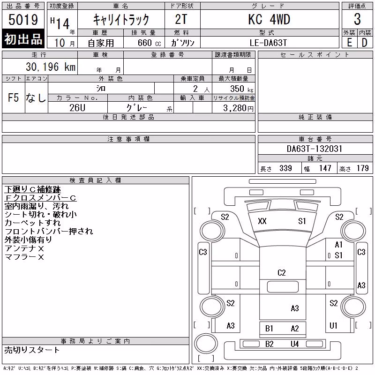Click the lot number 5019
tap(23, 20)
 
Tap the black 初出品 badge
tap(23, 38)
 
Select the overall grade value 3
tap(357, 19)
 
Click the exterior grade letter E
tap(349, 43)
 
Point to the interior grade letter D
tap(365, 43)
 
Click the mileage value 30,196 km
tap(51, 67)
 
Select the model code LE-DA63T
tap(268, 43)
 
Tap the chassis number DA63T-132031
tap(315, 149)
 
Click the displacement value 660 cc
tap(149, 43)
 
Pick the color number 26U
tap(77, 108)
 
